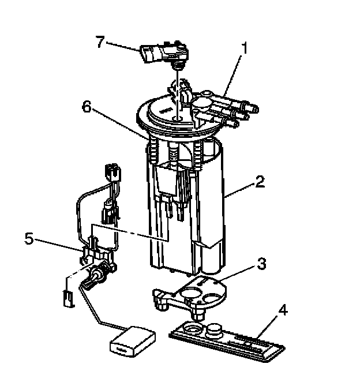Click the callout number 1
(x=245, y=48)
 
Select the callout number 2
(x=260, y=182)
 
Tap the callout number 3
(x=261, y=264)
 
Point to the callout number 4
(x=283, y=310)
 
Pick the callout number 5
(x=29, y=239)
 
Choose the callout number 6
(x=87, y=107)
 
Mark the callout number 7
(x=100, y=42)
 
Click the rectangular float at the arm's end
(x=133, y=342)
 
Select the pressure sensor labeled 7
(x=164, y=52)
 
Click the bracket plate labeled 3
(x=190, y=295)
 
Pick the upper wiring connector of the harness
(x=113, y=174)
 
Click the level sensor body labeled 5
(x=98, y=264)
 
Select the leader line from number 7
(x=123, y=46)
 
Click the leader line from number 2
(x=239, y=190)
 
